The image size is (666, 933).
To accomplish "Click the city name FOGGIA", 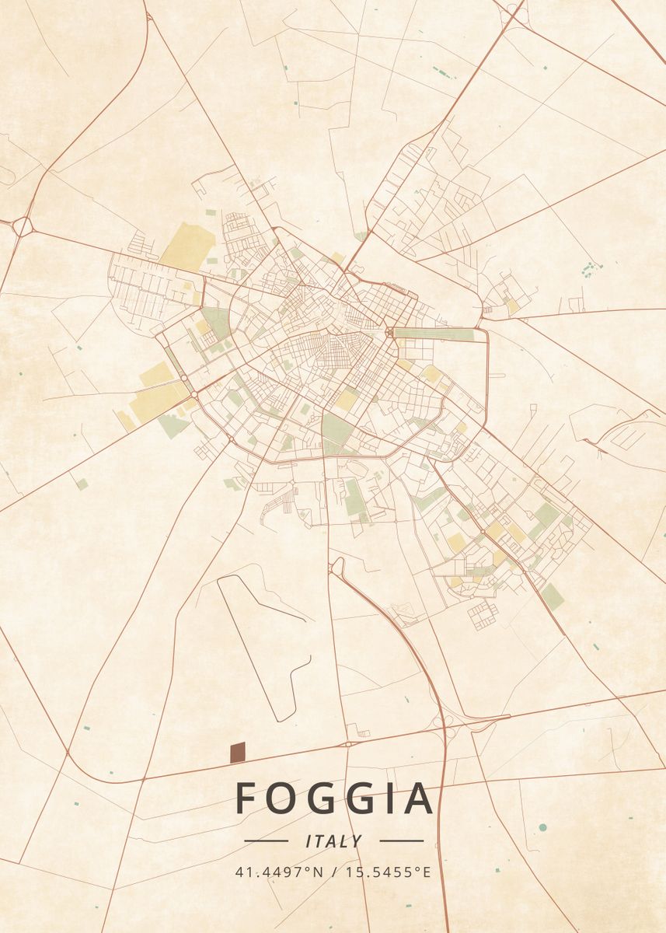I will pos(333,798).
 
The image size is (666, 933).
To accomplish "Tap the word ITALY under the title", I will pos(334,840).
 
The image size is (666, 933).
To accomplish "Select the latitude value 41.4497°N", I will pos(279,872).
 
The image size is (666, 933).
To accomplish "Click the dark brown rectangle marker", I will pos(238,752).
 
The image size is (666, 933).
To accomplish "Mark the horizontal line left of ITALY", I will pos(266,840).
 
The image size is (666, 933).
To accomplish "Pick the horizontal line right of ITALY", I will pos(402,840).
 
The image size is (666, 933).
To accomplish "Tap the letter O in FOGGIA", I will pos(284,798).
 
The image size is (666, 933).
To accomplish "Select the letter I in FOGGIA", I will pos(385,798).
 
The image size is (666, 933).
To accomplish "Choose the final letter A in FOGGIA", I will pos(417,798).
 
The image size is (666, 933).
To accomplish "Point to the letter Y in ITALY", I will pos(357,840).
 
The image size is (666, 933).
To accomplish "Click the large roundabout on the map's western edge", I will pos(22,226).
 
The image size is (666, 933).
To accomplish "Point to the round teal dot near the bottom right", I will pos(542,826).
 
